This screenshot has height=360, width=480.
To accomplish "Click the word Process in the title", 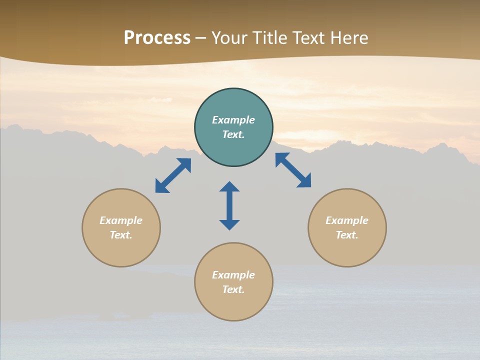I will (157, 38).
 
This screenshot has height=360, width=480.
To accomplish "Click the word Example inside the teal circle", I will (233, 120).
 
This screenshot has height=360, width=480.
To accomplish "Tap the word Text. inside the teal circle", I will (233, 134).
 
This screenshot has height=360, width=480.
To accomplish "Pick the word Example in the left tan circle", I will (121, 220).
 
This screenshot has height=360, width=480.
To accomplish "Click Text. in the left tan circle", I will (121, 235).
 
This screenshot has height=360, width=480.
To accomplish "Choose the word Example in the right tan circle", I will (347, 220).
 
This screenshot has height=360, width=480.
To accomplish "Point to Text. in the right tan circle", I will (347, 235).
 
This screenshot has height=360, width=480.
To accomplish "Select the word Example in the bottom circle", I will (233, 275).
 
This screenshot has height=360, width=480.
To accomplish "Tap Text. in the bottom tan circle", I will (233, 289).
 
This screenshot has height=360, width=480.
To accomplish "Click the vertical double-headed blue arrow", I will (229, 205).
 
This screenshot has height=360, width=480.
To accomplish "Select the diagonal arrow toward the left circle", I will (173, 175).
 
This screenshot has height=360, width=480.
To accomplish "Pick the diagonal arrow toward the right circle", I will (293, 170).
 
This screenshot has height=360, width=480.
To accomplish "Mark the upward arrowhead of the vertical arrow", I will (229, 186).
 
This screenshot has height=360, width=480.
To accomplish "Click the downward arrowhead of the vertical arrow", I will (229, 224).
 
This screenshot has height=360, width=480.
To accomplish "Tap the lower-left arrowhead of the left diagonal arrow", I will (161, 187).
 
